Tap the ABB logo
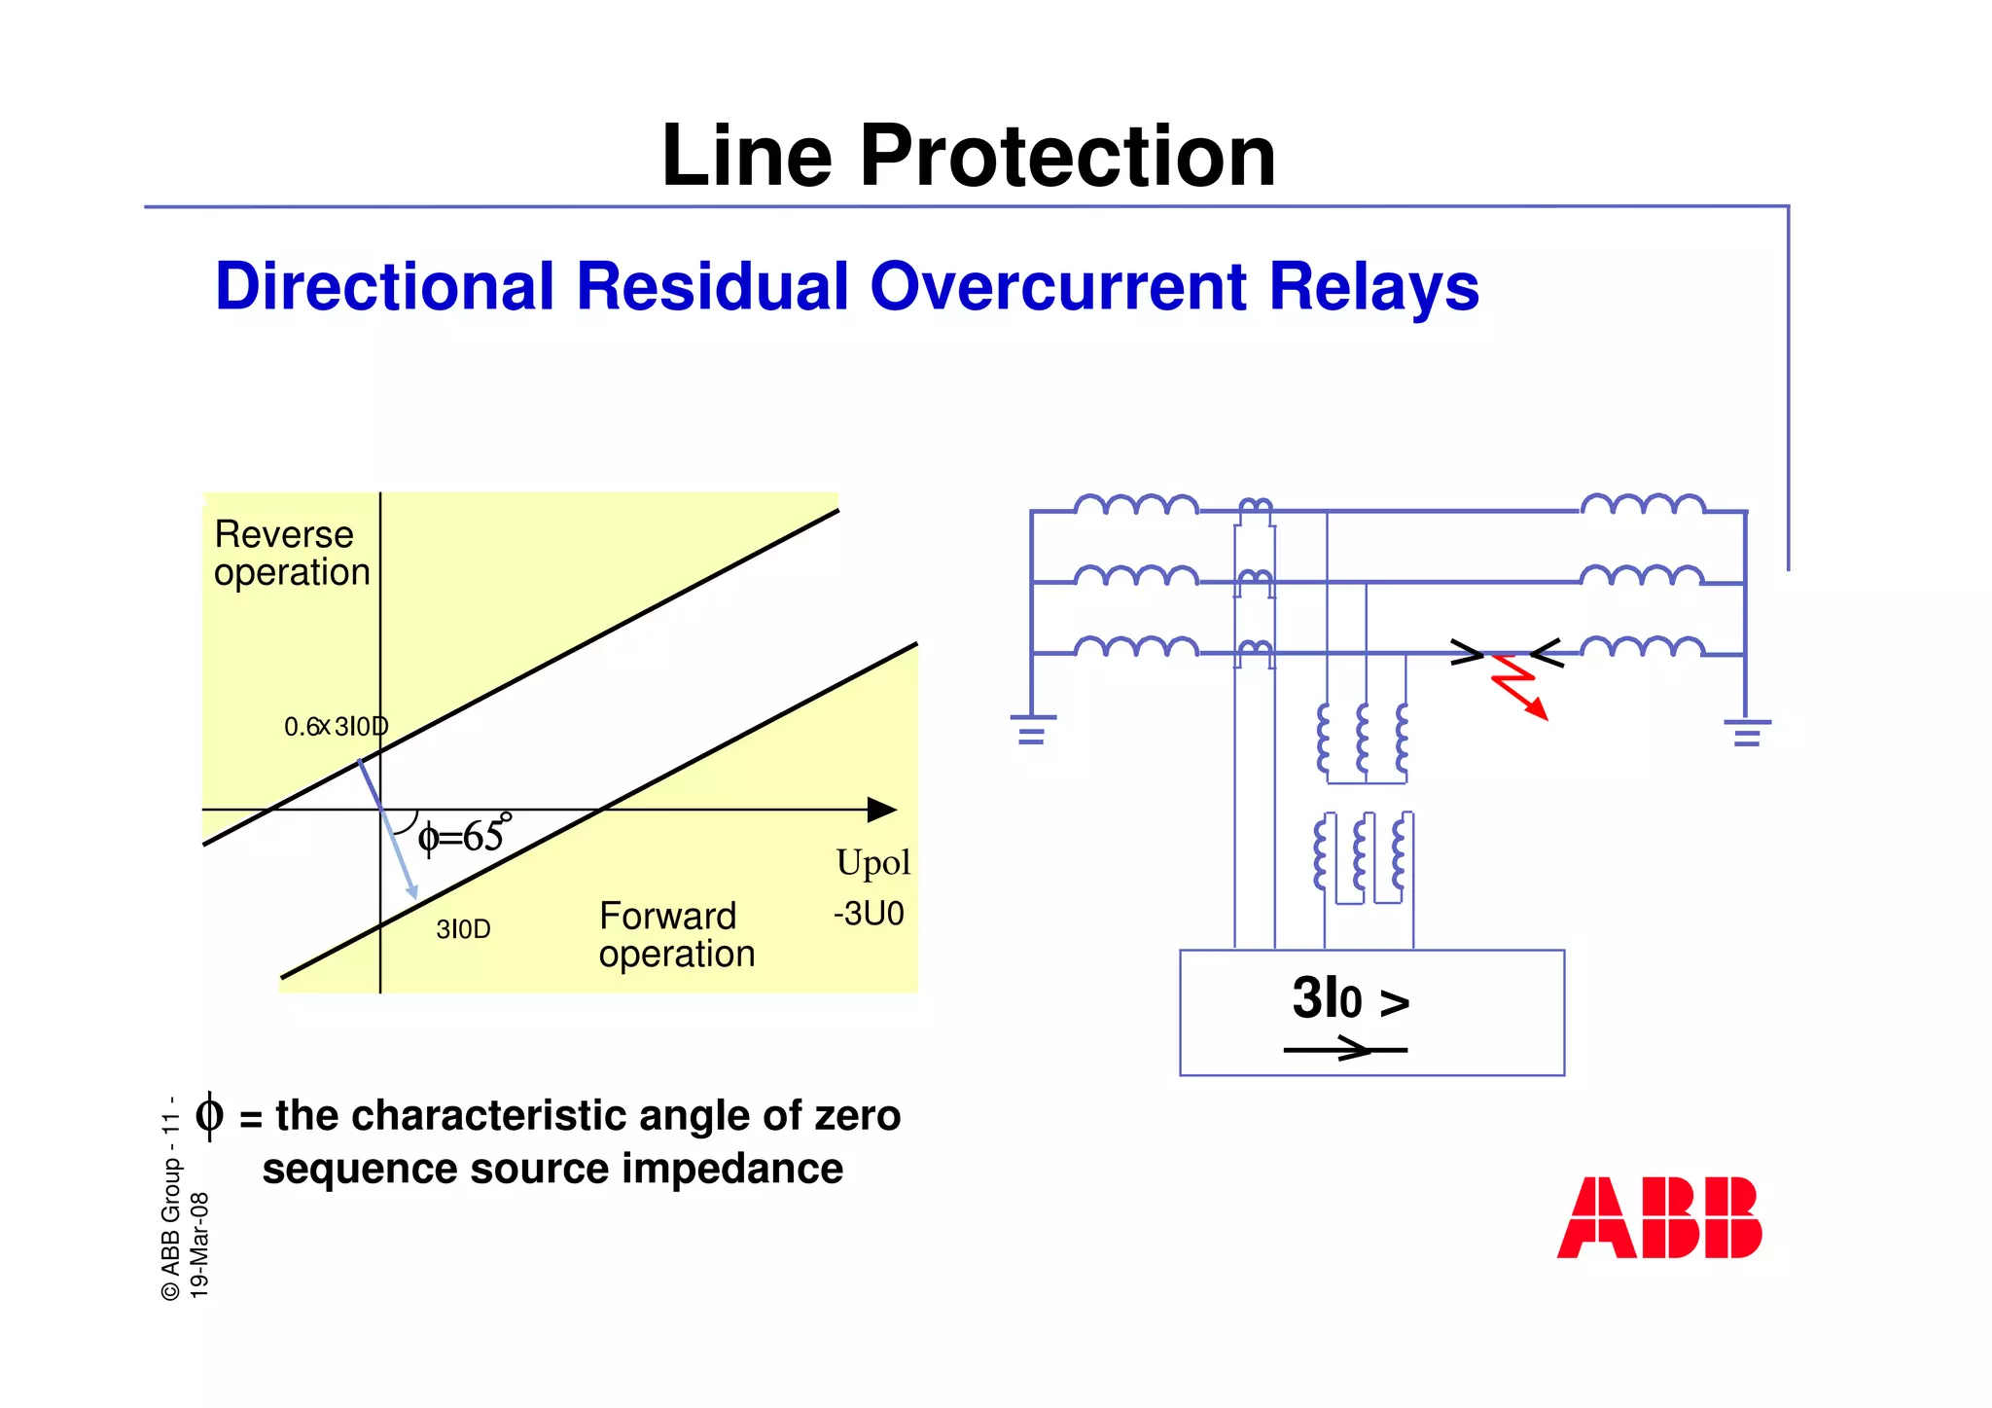(x=1658, y=1218)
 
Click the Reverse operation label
(x=291, y=554)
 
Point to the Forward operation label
(x=676, y=935)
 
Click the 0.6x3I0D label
(x=336, y=727)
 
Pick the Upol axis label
(x=872, y=863)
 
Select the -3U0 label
(x=869, y=914)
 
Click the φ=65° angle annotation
(x=463, y=836)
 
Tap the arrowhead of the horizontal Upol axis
(x=882, y=810)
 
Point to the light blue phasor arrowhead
(x=412, y=890)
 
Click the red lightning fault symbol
(x=1518, y=686)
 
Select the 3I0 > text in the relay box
(x=1350, y=999)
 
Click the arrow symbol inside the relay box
(x=1346, y=1050)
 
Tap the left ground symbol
(x=1032, y=730)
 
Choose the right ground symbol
(x=1747, y=733)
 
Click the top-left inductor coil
(x=1136, y=505)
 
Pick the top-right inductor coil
(x=1642, y=504)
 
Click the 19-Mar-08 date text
(x=199, y=1246)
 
